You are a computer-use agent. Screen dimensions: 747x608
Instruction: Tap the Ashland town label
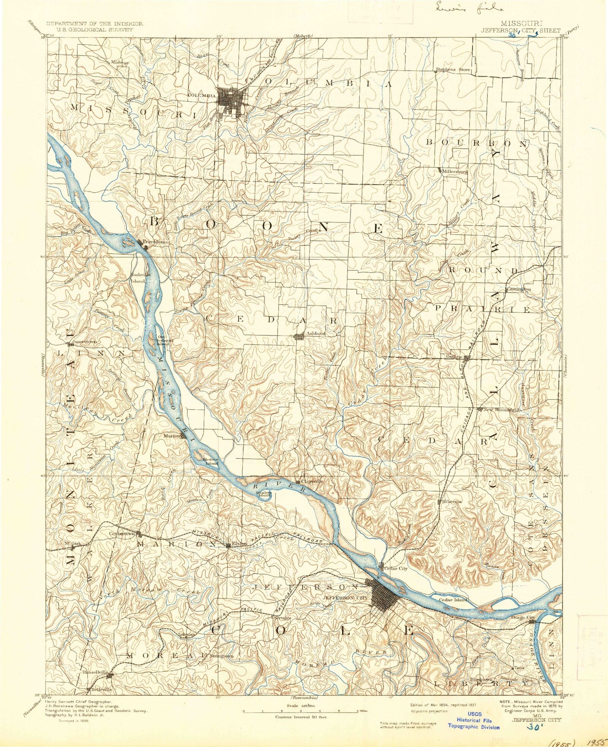click(316, 333)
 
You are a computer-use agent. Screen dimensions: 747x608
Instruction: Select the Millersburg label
click(455, 172)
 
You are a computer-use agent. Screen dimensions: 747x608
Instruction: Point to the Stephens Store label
click(453, 70)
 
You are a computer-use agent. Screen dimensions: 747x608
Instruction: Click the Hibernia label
click(452, 501)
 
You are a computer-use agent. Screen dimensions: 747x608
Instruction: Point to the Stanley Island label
click(264, 494)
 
